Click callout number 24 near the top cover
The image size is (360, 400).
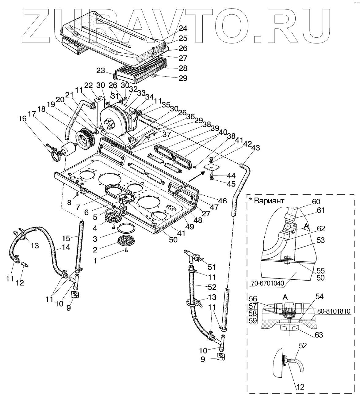tap(183, 28)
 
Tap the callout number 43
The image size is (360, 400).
tap(255, 148)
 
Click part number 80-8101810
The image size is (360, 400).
tap(333, 311)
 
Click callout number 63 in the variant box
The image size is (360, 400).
tap(319, 335)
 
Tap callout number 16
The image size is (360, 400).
tap(23, 119)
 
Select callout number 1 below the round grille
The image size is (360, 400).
tap(95, 261)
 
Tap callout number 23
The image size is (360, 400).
tap(101, 70)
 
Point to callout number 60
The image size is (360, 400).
tap(316, 201)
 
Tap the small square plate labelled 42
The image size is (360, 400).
tap(212, 167)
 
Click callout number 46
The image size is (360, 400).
tap(222, 201)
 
